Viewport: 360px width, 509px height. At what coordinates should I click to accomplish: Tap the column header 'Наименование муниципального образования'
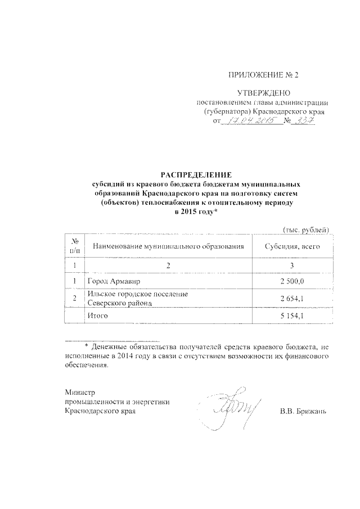[169, 246]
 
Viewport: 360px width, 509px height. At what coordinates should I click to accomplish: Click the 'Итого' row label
[97, 317]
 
